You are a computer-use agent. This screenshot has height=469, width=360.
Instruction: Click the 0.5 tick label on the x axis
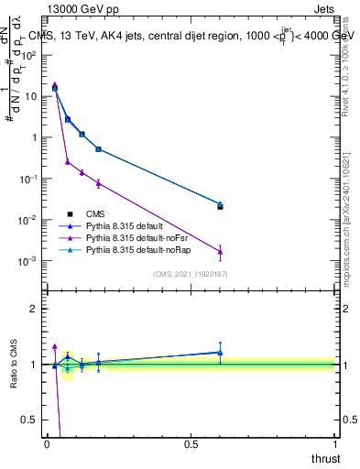click(x=191, y=444)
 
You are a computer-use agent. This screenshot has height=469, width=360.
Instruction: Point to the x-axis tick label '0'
click(x=48, y=444)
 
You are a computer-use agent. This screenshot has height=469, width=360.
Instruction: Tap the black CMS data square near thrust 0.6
click(x=220, y=207)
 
